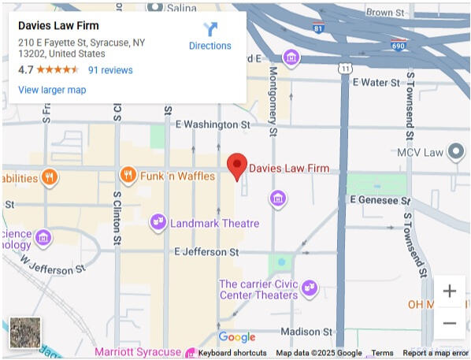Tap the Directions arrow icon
[x=210, y=29]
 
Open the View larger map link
[x=52, y=90]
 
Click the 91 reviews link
[x=110, y=70]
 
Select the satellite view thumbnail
[x=25, y=332]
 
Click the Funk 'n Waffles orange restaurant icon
[x=127, y=176]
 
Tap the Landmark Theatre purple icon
[x=158, y=223]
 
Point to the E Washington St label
[x=213, y=124]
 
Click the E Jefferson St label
[x=206, y=252]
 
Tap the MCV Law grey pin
[x=456, y=152]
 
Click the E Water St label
[x=379, y=82]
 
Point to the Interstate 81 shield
[x=317, y=28]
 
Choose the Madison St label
[x=306, y=332]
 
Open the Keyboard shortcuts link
[x=232, y=353]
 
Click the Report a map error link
[x=436, y=353]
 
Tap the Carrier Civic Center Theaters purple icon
[x=309, y=289]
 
